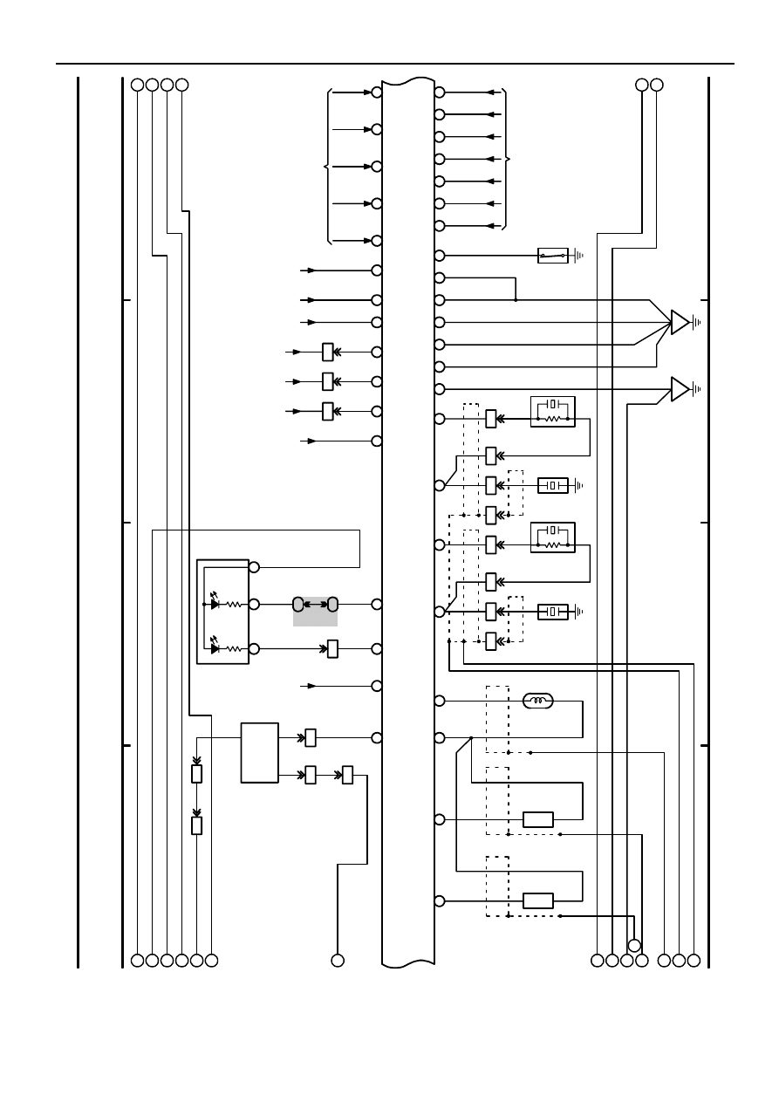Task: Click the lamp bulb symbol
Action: [537, 701]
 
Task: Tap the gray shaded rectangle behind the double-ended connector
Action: [315, 612]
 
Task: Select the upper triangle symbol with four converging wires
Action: [680, 322]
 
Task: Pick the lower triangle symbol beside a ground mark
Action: [680, 388]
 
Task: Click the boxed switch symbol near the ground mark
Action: [553, 256]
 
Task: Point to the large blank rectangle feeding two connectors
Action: [259, 753]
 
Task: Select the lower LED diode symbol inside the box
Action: [215, 648]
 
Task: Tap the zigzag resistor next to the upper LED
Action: [234, 604]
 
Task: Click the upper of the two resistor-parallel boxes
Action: [553, 411]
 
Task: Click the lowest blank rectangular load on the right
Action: [538, 900]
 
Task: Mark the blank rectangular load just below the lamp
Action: [538, 819]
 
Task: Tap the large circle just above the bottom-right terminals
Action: [635, 945]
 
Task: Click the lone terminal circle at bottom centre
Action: [338, 961]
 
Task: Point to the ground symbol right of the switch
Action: [577, 256]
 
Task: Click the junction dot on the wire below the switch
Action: [516, 300]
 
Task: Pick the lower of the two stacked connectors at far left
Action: [196, 825]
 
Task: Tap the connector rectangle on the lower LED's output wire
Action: [332, 648]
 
